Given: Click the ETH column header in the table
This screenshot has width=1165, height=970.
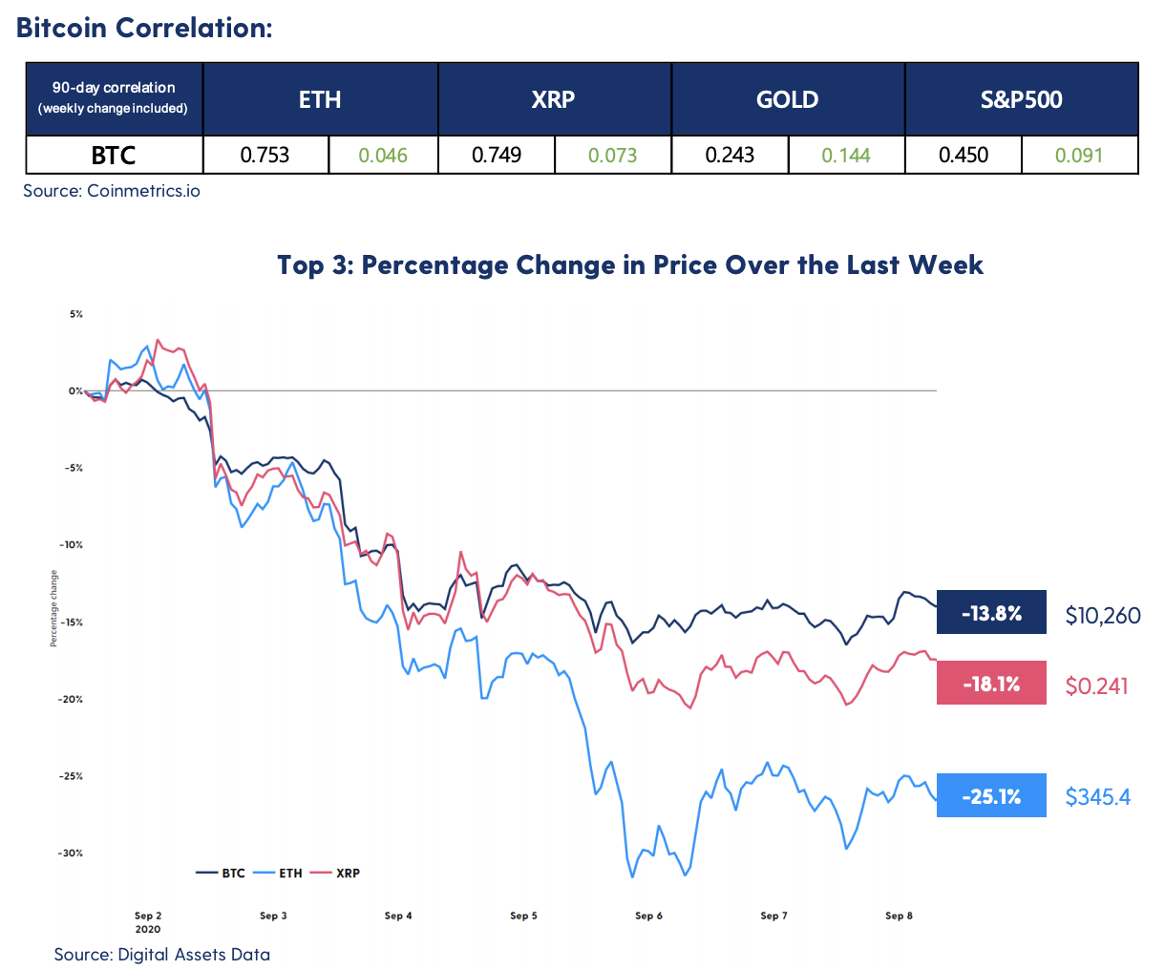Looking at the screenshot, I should click(320, 99).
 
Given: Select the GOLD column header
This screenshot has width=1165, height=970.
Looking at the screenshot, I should click(788, 99).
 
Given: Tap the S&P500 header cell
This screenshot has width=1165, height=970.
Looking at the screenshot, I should click(1021, 99).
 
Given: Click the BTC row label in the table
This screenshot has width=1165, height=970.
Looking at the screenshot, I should click(114, 155).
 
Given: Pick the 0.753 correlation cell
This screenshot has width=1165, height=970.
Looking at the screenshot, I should click(265, 155).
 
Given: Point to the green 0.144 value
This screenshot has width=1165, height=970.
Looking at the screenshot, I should click(846, 155).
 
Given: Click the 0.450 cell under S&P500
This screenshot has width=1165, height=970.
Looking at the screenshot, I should click(963, 155).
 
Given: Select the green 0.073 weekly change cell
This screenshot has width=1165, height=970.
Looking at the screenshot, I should click(612, 155).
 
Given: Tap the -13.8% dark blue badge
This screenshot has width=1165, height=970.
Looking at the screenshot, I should click(991, 613).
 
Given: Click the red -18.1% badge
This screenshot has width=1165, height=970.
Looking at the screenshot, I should click(991, 684).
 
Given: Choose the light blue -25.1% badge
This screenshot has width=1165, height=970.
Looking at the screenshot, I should click(991, 795).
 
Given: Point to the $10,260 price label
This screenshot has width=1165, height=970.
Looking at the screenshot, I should click(1103, 616).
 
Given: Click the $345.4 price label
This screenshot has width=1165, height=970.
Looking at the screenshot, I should click(1098, 796).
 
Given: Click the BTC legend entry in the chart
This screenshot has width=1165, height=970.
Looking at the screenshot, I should click(222, 873).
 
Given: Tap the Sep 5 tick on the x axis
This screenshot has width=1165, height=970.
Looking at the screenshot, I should click(523, 916).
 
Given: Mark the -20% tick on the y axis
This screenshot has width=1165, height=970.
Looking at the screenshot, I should click(72, 699).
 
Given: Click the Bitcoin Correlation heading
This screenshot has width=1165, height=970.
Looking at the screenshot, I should click(144, 28).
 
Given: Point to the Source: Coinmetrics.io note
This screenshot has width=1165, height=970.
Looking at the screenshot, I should click(112, 191).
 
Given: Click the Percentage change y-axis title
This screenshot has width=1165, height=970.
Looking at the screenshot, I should click(54, 608).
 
